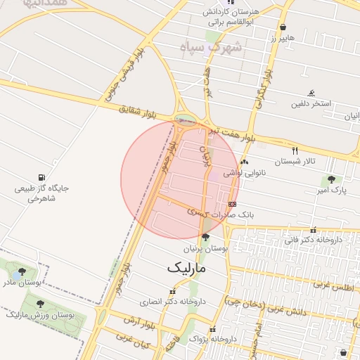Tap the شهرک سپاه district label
[x=210, y=48]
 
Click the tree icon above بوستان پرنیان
[x=205, y=238]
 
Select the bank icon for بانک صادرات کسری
[x=233, y=204]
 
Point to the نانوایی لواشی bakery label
[x=243, y=172]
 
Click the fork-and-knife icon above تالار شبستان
[x=295, y=150]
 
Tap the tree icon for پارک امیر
[x=330, y=179]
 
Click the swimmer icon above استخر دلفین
[x=311, y=93]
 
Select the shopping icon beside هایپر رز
[x=283, y=27]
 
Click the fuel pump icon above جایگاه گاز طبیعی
[x=41, y=177]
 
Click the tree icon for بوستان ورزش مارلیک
[x=39, y=304]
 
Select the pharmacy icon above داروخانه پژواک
[x=212, y=329]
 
